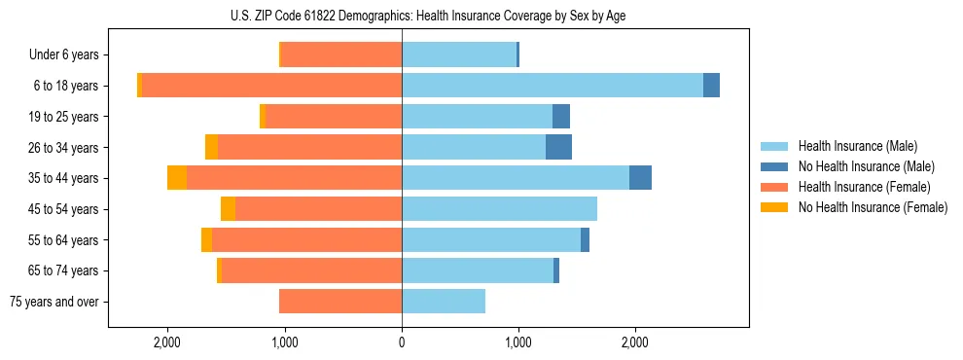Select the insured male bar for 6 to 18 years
(x=552, y=86)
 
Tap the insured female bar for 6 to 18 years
(x=272, y=86)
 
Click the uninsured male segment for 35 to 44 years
(x=640, y=178)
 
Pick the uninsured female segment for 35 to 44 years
(x=177, y=178)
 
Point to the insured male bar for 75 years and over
(x=444, y=302)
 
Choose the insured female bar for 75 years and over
(x=340, y=302)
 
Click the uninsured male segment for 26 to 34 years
(x=558, y=147)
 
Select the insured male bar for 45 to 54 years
(x=499, y=209)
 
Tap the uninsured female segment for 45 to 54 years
(x=229, y=209)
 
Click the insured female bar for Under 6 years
(x=341, y=54)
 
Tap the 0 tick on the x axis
(x=402, y=342)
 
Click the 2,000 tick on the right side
(x=634, y=342)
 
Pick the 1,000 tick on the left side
(x=285, y=342)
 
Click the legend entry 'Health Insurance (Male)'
(x=857, y=146)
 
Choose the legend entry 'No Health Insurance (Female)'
(x=873, y=207)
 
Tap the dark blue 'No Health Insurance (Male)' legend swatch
(x=774, y=166)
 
